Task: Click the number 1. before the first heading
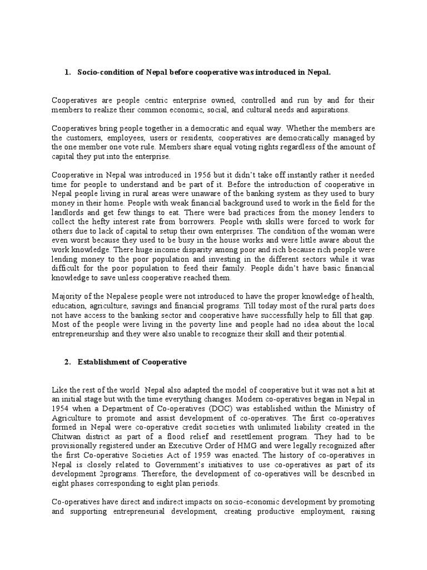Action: coord(67,72)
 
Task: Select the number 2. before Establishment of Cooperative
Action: coord(67,362)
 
